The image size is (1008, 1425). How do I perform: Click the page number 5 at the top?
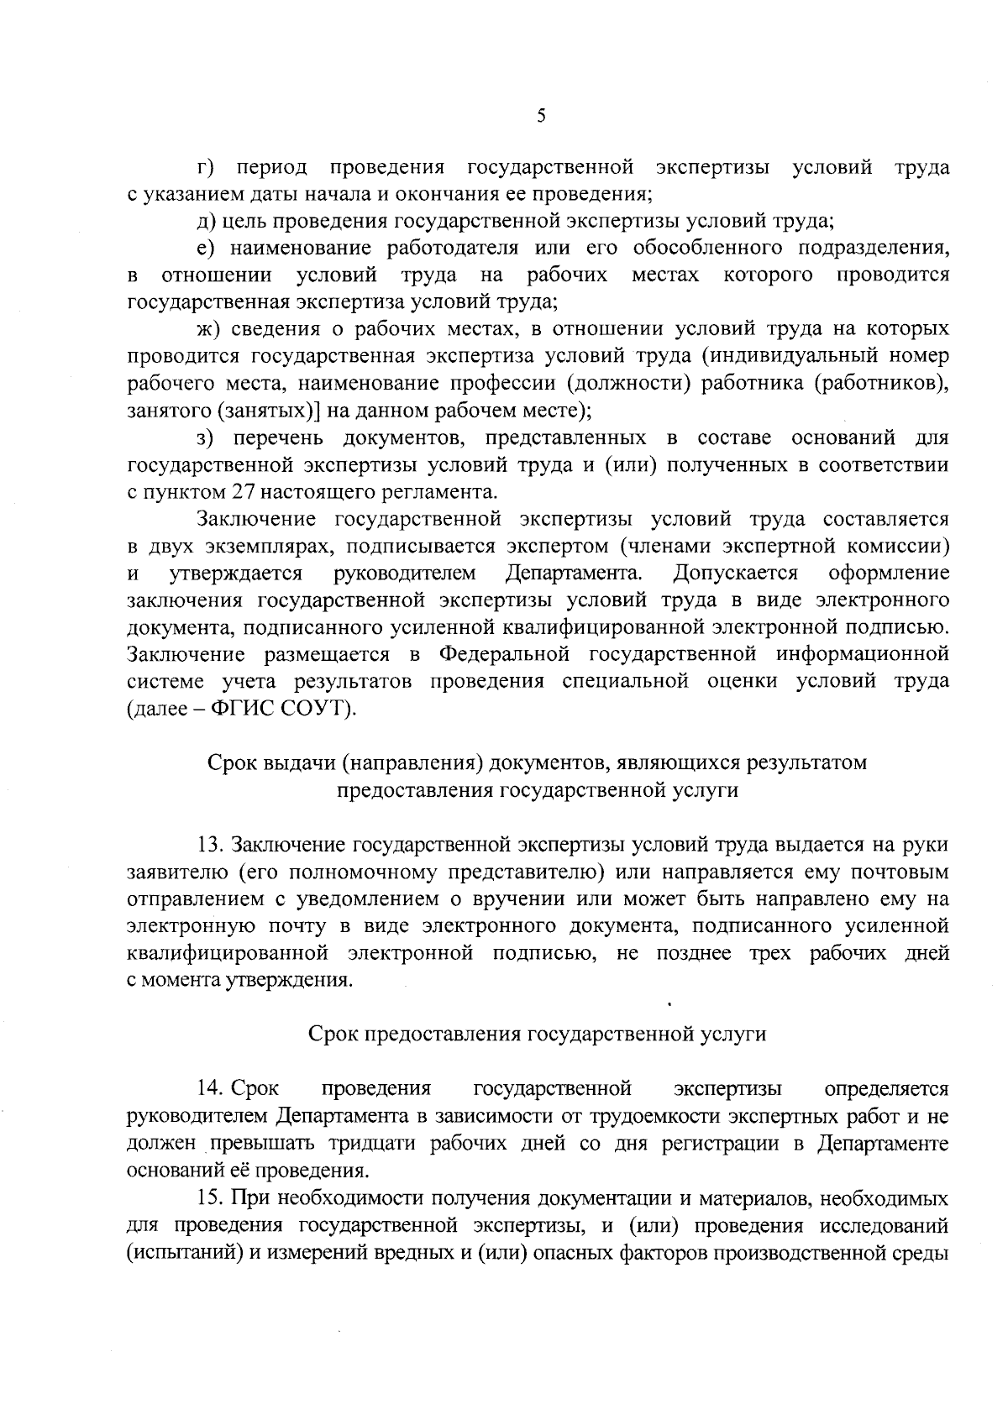(541, 117)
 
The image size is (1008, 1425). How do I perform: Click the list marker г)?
(206, 167)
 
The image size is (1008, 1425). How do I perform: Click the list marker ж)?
(207, 328)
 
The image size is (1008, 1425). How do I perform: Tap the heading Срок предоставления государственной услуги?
(538, 1034)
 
